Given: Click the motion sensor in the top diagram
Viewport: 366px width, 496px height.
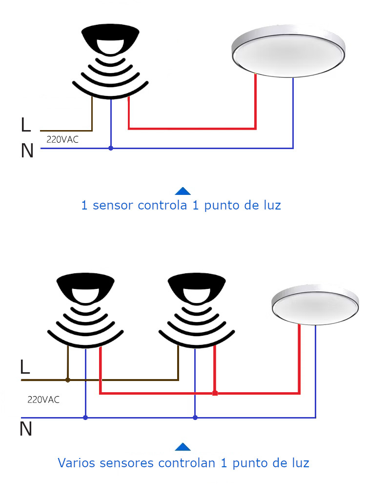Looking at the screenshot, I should point(111,58).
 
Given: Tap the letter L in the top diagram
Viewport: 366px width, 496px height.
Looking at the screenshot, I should point(26,125).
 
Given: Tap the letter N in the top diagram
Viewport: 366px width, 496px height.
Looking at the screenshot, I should point(27,151).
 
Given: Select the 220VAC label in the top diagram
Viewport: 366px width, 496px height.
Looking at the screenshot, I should point(62,140).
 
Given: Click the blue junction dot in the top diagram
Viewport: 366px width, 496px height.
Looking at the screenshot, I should point(111,148).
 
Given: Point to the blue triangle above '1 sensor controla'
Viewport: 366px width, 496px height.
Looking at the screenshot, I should point(183,191).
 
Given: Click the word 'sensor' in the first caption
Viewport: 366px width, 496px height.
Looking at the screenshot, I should point(113,205).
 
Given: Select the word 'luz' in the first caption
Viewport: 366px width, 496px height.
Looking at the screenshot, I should point(271,205).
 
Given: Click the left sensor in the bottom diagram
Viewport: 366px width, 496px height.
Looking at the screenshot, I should point(85,309).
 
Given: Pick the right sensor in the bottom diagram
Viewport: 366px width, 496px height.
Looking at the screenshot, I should point(195,309).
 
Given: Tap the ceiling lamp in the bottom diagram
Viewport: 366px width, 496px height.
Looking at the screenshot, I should point(314,305).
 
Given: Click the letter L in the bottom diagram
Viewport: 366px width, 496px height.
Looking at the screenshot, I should point(25,367).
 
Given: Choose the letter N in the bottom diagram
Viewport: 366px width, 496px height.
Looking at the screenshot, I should point(26,429).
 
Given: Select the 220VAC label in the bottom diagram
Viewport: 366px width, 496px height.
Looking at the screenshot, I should point(43,400).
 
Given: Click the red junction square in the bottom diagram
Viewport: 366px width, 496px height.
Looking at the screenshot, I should point(215,393).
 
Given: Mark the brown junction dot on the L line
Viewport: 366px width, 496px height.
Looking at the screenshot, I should point(67,380).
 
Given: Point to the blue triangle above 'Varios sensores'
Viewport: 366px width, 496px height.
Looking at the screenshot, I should point(183,447).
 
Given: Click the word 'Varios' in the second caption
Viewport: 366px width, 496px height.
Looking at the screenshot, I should point(77,462).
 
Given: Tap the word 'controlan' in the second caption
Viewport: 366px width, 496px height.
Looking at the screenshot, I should point(186,462).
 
